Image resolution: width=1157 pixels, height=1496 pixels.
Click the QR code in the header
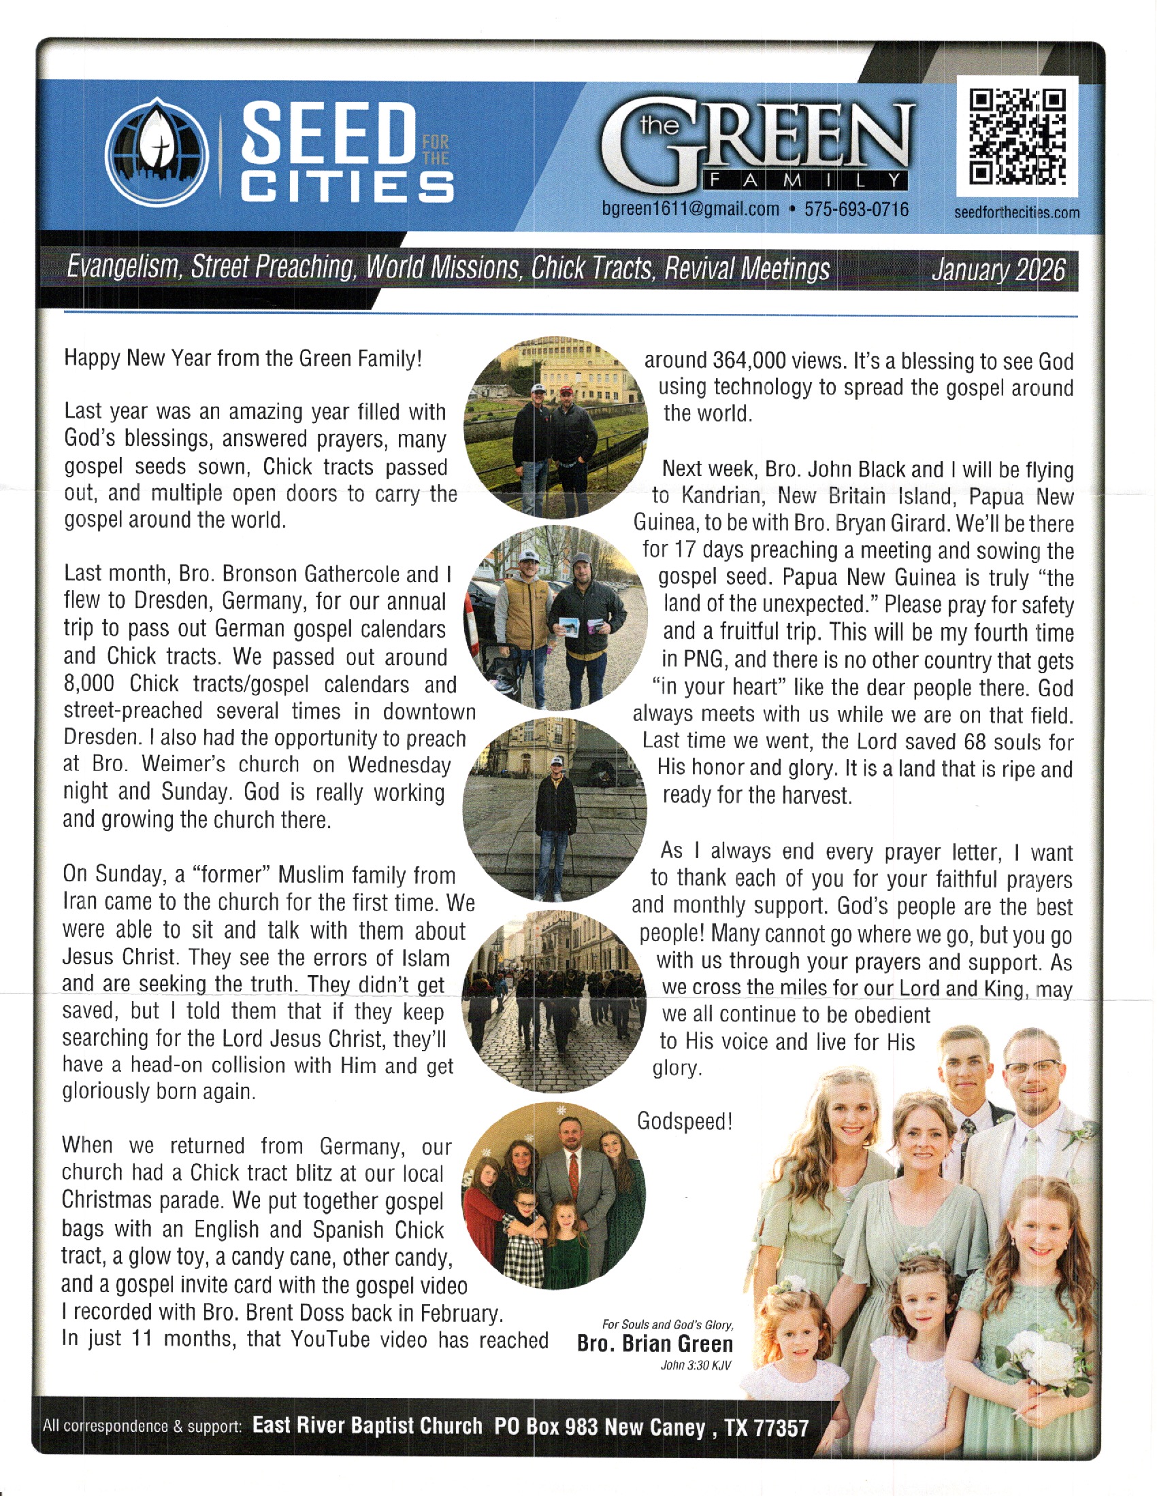coord(1017,137)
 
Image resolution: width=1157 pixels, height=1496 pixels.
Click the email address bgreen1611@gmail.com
coord(689,209)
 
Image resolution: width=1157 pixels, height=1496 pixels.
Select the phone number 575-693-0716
coord(856,209)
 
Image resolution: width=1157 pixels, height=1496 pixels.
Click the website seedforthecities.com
coord(1017,213)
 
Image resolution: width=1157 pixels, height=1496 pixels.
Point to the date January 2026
coord(997,270)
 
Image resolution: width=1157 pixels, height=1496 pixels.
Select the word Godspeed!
coord(685,1121)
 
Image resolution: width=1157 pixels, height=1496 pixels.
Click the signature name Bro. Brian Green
coord(655,1343)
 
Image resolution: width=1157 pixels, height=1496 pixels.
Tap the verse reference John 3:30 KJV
coord(695,1365)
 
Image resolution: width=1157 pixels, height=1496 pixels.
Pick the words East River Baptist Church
coord(368,1426)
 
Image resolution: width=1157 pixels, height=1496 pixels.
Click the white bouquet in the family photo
coord(1037,1360)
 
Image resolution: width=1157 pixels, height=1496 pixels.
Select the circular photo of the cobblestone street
coord(554,1001)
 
